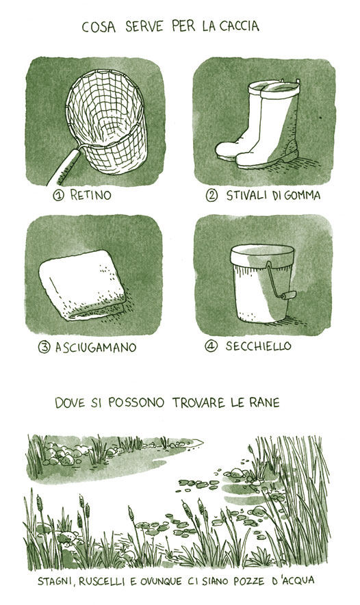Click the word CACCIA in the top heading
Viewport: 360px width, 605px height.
tap(240, 26)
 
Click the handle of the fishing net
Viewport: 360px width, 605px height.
tap(64, 166)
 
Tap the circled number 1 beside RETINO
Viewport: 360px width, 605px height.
tap(58, 196)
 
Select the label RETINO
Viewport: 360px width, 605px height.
tap(90, 195)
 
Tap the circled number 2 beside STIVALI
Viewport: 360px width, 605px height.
tap(211, 196)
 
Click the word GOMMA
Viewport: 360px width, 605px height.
tap(303, 195)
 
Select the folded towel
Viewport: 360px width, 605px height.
tap(82, 285)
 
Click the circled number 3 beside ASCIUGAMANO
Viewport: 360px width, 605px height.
tap(44, 347)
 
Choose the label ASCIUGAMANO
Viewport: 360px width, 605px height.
tap(96, 347)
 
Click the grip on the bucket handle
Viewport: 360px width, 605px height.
tap(288, 296)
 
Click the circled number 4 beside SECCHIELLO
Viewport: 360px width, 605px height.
tap(210, 346)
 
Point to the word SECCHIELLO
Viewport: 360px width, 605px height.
tap(258, 346)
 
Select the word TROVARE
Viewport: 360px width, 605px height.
tap(198, 402)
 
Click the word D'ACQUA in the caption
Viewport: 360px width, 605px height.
tap(293, 580)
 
